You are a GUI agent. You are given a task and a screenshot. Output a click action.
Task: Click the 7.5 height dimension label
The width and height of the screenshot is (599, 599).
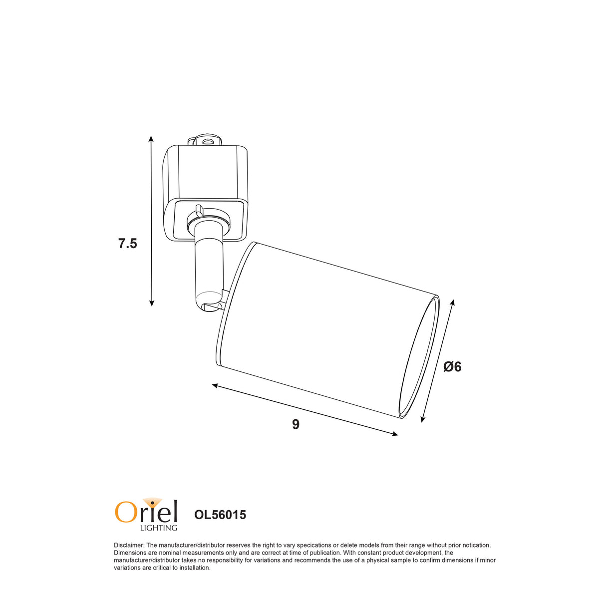click(x=127, y=244)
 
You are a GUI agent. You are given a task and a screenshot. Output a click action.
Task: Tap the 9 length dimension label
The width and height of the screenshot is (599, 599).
click(x=296, y=424)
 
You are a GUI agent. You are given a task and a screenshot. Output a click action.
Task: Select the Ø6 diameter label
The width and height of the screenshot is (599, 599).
click(x=452, y=367)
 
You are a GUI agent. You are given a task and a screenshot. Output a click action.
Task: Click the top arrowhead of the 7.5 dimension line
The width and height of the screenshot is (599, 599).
click(x=151, y=139)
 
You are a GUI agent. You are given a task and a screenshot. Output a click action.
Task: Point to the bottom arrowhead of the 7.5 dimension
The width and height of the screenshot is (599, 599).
click(x=151, y=302)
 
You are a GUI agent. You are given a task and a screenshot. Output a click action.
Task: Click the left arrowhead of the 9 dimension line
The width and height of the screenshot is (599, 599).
click(x=216, y=386)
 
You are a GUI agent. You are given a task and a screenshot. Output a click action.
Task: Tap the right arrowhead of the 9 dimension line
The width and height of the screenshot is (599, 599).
click(x=394, y=434)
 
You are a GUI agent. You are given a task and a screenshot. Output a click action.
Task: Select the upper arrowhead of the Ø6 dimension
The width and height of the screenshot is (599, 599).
click(x=453, y=303)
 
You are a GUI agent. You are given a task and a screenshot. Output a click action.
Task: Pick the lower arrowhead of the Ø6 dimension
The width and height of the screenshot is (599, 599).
click(x=422, y=419)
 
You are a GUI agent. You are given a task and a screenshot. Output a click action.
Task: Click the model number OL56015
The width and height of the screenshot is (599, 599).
click(x=220, y=515)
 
